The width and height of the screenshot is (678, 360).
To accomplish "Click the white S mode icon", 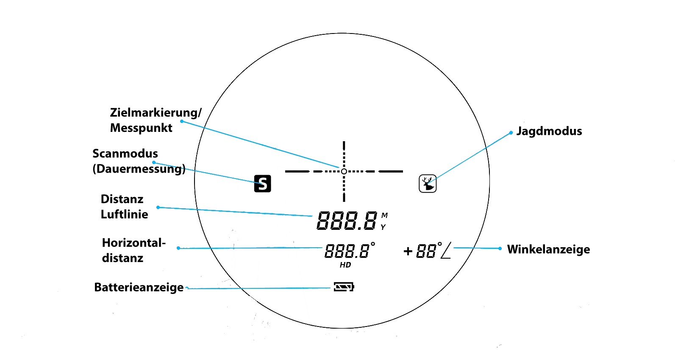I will click(263, 184).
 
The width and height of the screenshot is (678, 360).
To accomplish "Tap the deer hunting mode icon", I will click(428, 183).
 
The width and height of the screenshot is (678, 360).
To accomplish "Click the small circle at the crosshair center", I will click(344, 171).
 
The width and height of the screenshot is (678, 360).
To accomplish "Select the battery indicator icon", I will click(344, 287).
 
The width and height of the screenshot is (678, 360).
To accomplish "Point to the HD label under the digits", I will click(345, 265).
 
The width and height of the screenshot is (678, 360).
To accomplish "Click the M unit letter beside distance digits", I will click(384, 216).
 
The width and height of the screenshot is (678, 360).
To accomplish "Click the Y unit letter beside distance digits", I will click(383, 227).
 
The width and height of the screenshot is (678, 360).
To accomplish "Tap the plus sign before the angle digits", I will click(408, 251).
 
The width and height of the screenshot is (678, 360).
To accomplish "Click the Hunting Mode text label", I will click(555, 132).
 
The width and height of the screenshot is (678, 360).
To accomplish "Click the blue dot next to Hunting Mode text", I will click(511, 133).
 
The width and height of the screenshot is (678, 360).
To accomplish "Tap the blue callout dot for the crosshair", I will click(182, 121).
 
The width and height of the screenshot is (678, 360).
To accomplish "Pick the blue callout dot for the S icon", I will click(154, 162).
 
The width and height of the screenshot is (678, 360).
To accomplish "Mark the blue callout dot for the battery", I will click(187, 288).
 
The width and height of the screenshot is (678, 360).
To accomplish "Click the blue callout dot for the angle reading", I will click(500, 248).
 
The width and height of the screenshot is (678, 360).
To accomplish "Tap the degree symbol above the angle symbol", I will click(440, 244).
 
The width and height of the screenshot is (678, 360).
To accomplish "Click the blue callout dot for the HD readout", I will click(178, 248).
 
